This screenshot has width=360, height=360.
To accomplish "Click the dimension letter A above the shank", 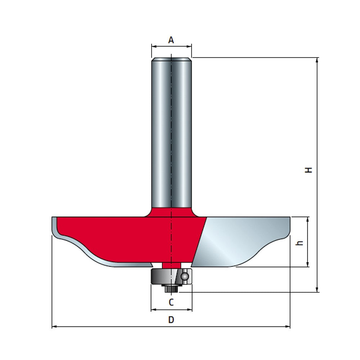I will click(x=171, y=40).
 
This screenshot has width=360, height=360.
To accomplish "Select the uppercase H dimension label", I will click(x=309, y=170).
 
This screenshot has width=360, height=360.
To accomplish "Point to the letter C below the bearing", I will click(x=171, y=302).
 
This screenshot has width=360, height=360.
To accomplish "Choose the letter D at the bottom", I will click(x=171, y=320).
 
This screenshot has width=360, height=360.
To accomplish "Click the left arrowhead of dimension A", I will click(x=153, y=46).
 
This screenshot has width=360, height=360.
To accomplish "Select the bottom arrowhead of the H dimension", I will click(x=317, y=290).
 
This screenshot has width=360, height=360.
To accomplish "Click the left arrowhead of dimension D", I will click(x=54, y=327).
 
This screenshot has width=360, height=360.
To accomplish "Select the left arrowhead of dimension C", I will click(x=153, y=310).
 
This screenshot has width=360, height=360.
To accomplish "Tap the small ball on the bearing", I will click(x=185, y=276).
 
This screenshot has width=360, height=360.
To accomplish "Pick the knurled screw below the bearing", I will click(x=171, y=288).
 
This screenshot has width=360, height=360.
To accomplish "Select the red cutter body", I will click(x=126, y=238).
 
